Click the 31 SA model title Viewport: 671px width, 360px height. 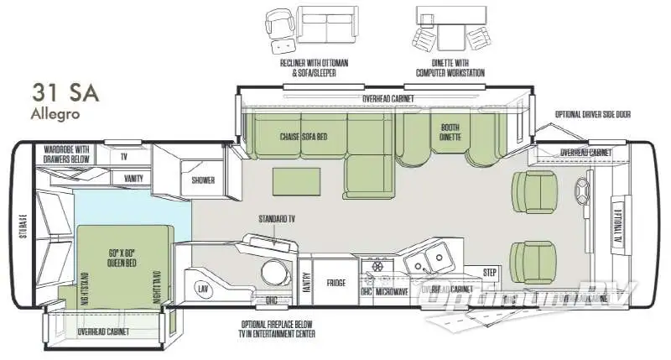[x=65, y=91]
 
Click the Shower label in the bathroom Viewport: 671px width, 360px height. [x=203, y=180]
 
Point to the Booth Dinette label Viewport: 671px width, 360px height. [x=450, y=132]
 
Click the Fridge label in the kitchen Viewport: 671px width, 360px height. [x=336, y=282]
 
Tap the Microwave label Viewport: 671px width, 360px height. [x=391, y=291]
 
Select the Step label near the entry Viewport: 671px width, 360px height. [x=491, y=273]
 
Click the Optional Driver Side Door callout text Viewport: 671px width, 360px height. [x=593, y=114]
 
